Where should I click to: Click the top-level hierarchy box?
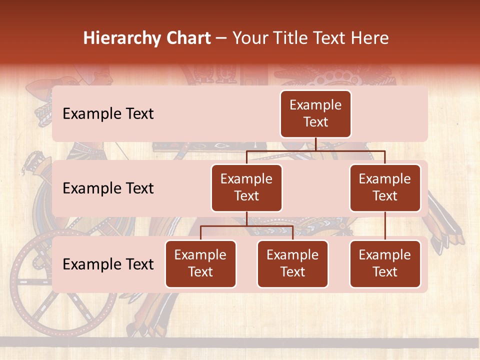[315, 113]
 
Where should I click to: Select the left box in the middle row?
[246, 187]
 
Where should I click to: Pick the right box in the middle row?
[385, 187]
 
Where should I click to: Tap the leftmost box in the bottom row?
[200, 263]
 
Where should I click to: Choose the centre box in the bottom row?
[292, 263]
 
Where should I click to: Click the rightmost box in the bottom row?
[385, 263]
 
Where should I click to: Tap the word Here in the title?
[369, 38]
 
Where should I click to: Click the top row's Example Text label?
[108, 113]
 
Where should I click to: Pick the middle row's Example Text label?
[108, 188]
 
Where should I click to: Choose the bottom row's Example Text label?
[108, 264]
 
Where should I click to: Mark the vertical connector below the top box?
[315, 144]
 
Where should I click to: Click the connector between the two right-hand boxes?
[385, 225]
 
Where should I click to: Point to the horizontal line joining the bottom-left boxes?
[246, 226]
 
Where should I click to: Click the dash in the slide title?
[221, 38]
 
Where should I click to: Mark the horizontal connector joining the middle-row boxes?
[315, 150]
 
